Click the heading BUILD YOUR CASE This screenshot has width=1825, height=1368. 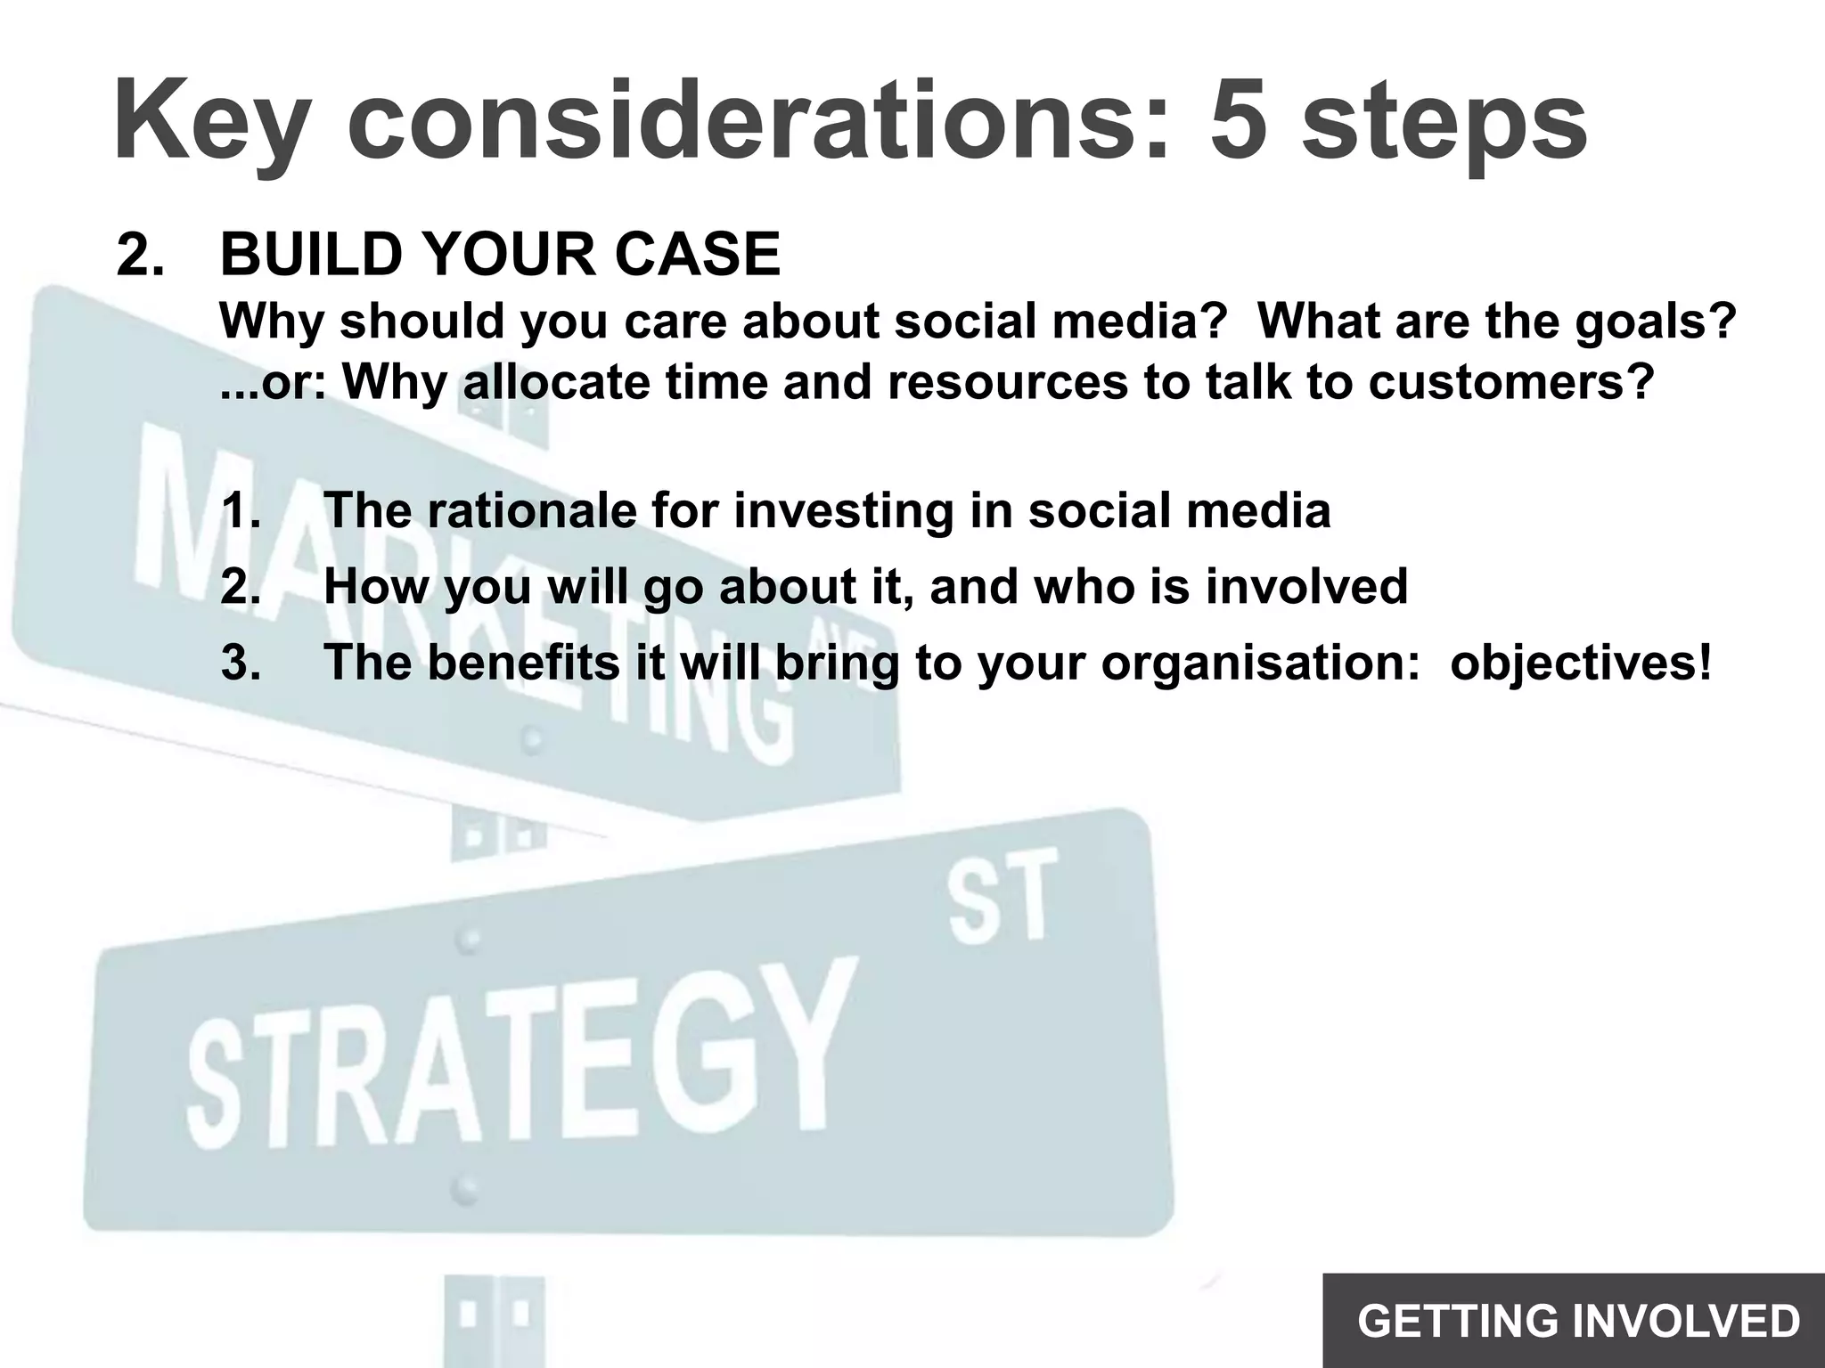(499, 255)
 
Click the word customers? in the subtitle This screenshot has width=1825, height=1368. (1510, 382)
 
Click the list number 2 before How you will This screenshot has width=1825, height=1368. (239, 587)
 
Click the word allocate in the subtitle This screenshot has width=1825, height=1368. (556, 382)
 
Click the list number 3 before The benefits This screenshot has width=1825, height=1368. (239, 663)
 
